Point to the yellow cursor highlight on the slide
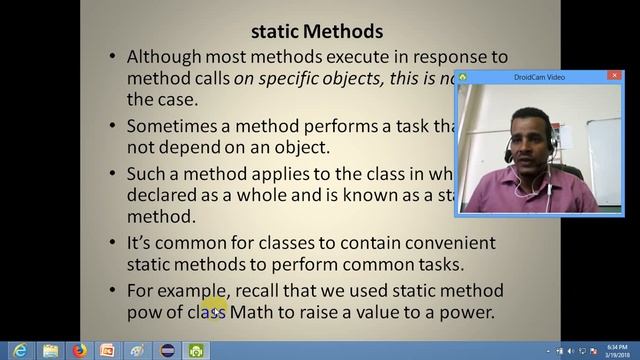tap(213, 306)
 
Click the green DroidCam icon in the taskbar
tap(196, 350)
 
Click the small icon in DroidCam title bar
tap(464, 76)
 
